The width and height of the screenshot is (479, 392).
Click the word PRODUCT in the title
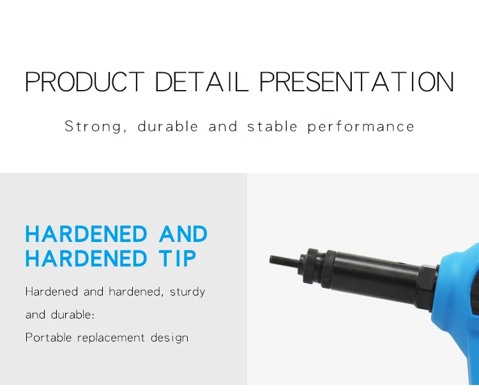click(85, 82)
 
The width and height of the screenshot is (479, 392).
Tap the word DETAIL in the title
click(201, 82)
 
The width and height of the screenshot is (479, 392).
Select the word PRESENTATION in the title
click(357, 82)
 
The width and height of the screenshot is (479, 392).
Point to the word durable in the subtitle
click(168, 126)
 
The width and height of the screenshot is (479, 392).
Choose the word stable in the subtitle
click(272, 126)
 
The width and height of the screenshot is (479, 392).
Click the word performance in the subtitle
click(361, 126)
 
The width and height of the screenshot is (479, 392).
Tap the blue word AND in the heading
click(183, 234)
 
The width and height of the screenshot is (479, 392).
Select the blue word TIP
click(177, 259)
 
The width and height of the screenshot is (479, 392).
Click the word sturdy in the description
click(187, 292)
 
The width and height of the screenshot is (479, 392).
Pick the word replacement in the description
click(111, 338)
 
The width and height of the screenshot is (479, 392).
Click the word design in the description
click(169, 338)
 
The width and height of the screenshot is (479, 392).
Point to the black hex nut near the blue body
click(428, 287)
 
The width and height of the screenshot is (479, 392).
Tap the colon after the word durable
click(93, 315)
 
